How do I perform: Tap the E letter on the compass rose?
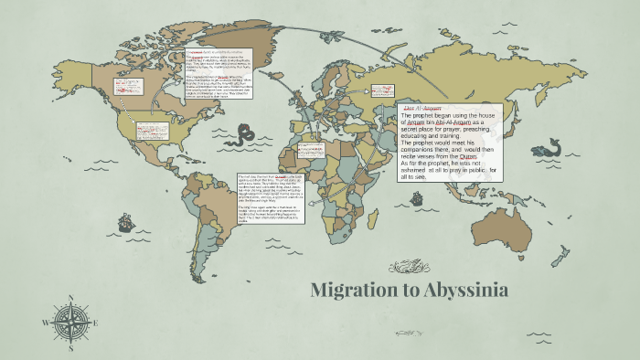pyautogui.click(x=95, y=322)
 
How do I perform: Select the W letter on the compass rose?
pyautogui.click(x=45, y=323)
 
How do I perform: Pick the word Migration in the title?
pyautogui.click(x=352, y=291)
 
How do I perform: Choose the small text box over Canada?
pyautogui.click(x=123, y=88)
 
